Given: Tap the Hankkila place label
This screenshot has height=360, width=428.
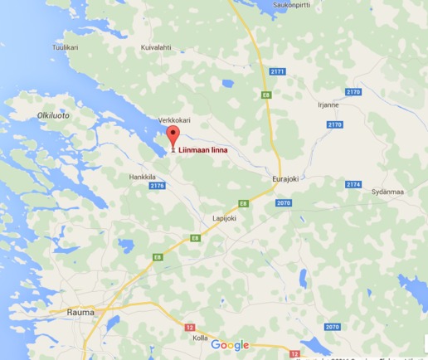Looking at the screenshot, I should click(x=143, y=177).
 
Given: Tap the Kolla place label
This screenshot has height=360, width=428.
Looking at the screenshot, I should click(x=200, y=338).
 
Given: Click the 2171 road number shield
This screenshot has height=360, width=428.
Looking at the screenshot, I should click(x=277, y=72).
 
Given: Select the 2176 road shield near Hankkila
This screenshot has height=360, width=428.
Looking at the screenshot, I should click(x=158, y=186).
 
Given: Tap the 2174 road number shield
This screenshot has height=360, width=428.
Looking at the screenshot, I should click(x=354, y=184).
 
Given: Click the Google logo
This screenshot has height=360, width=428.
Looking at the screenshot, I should click(x=230, y=345).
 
